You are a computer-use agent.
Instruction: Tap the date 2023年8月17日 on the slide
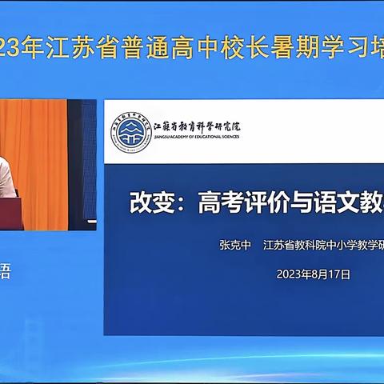tap(314, 273)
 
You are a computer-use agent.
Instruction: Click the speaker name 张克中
tap(235, 246)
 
